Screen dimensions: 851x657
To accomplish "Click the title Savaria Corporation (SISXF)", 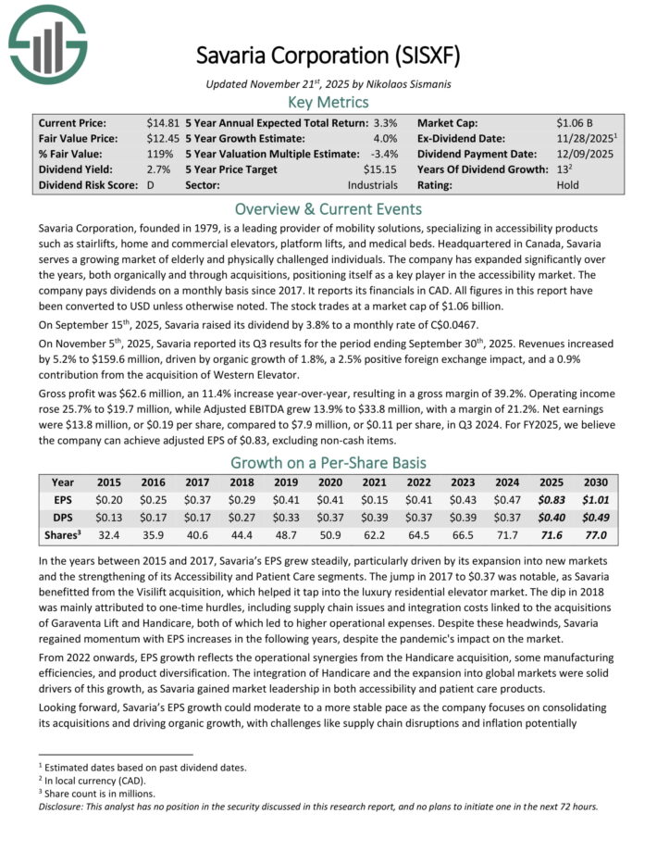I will click(328, 55).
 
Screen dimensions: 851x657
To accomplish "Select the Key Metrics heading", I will click(328, 102).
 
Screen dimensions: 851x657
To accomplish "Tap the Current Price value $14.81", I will click(163, 122).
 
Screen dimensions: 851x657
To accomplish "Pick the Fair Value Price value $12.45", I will click(163, 138).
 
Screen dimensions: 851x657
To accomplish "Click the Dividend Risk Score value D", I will click(150, 185).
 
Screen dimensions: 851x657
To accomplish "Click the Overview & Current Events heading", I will click(328, 208).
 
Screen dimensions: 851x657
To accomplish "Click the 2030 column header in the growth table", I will click(595, 482).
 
